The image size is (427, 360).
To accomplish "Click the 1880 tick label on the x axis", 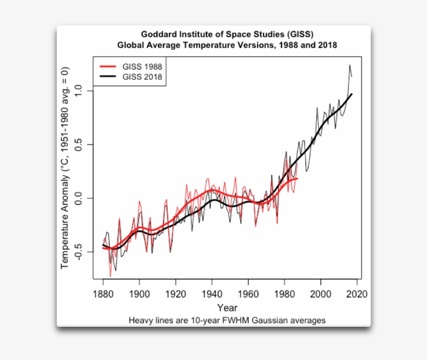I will [x=103, y=294].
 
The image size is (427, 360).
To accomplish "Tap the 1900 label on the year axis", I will [x=139, y=294].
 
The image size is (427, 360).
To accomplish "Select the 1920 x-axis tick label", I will [x=175, y=294].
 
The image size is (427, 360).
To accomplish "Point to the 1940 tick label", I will [x=212, y=294].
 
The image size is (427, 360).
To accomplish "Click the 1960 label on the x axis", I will [x=248, y=294].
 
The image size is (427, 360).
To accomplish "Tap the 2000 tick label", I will [x=321, y=294].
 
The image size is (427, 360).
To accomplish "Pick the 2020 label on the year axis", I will [x=357, y=294].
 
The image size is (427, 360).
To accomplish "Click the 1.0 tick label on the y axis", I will [x=79, y=91].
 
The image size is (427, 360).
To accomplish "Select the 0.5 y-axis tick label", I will [x=79, y=145].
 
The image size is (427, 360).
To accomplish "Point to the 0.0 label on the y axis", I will [x=79, y=198].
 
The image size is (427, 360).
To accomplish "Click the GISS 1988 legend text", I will [x=142, y=67].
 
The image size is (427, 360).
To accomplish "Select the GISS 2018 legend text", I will [x=142, y=77].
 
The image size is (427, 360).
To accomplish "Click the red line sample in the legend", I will [x=108, y=67].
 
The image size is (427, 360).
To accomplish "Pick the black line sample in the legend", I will [x=108, y=77].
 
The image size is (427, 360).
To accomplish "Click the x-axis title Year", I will [x=228, y=307].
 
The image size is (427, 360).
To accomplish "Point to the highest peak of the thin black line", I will [x=349, y=65].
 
